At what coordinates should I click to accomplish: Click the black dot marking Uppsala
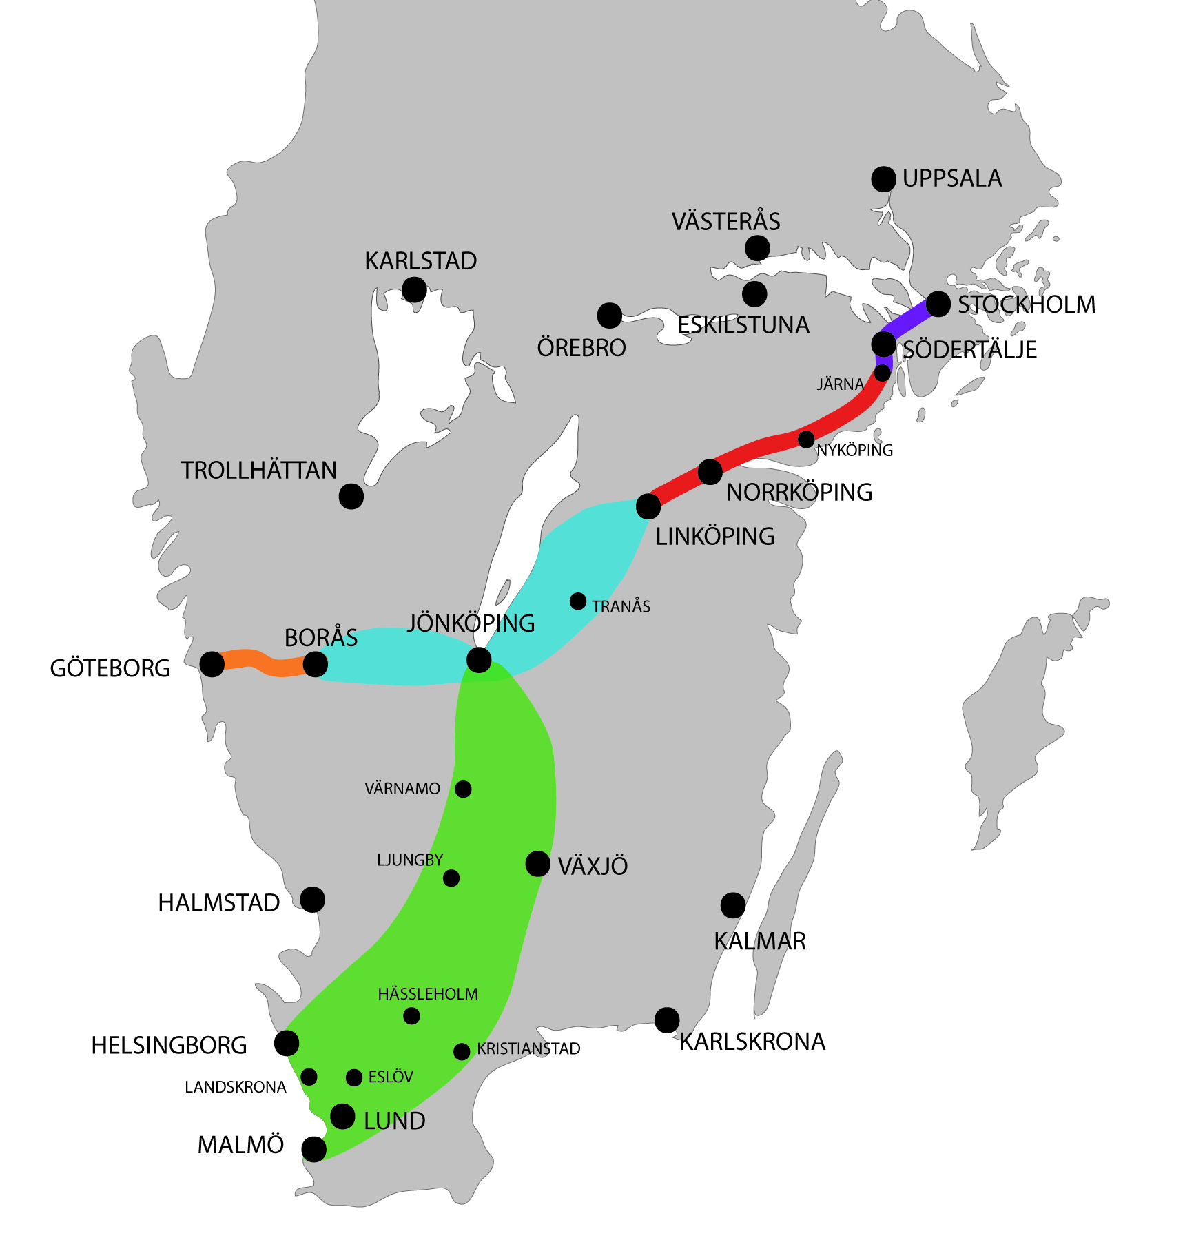[x=883, y=179]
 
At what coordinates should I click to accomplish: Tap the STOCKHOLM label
[x=1026, y=304]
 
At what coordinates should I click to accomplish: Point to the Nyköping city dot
[x=806, y=439]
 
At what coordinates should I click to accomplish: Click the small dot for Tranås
[x=578, y=601]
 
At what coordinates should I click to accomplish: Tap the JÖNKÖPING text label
[x=471, y=623]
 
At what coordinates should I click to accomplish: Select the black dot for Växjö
[x=537, y=864]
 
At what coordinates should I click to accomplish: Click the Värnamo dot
[x=463, y=789]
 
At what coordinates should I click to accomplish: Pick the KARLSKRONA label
[x=752, y=1042]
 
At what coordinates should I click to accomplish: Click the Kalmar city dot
[x=732, y=905]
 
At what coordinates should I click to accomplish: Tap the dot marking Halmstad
[x=312, y=900]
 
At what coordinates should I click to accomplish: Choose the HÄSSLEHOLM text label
[x=428, y=994]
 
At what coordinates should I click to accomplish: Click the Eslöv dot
[x=354, y=1077]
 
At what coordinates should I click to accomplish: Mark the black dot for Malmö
[x=313, y=1149]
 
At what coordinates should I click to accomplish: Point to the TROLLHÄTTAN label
[x=258, y=471]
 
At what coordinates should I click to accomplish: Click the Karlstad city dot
[x=414, y=290]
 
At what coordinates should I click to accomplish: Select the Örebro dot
[x=609, y=316]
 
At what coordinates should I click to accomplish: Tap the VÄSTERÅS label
[x=725, y=222]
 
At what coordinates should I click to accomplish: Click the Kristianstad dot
[x=462, y=1052]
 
